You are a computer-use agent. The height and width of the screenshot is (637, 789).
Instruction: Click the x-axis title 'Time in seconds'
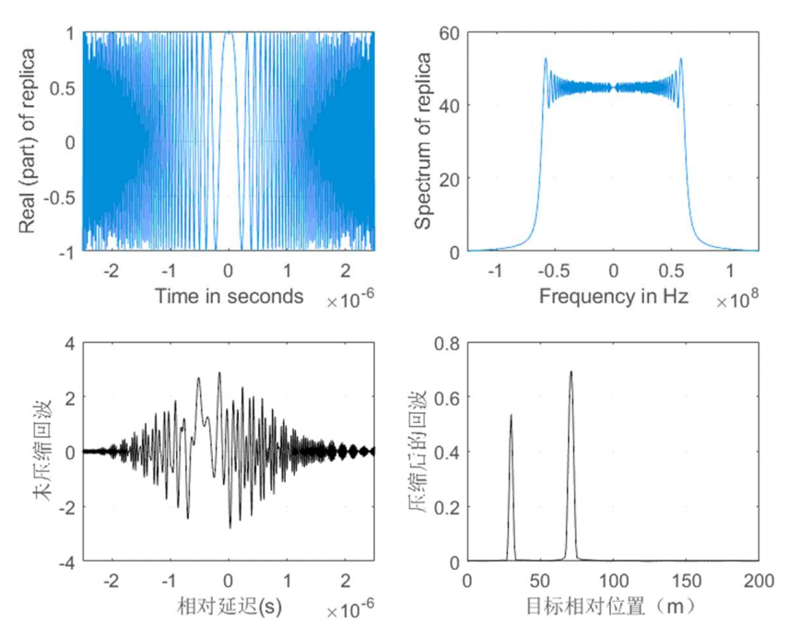229,296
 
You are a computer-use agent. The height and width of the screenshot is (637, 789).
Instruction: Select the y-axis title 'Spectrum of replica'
423,141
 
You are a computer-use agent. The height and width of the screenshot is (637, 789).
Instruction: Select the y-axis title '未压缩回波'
40,452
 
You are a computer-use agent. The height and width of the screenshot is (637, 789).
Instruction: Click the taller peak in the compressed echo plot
571,372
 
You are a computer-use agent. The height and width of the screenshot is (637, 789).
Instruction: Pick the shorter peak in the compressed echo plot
511,417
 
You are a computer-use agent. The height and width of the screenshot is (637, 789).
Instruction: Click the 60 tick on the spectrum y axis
449,32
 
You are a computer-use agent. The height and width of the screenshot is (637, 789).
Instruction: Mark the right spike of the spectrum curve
681,60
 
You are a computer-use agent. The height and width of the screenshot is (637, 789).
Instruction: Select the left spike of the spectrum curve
545,60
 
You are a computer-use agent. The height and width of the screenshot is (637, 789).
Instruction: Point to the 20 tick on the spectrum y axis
449,178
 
